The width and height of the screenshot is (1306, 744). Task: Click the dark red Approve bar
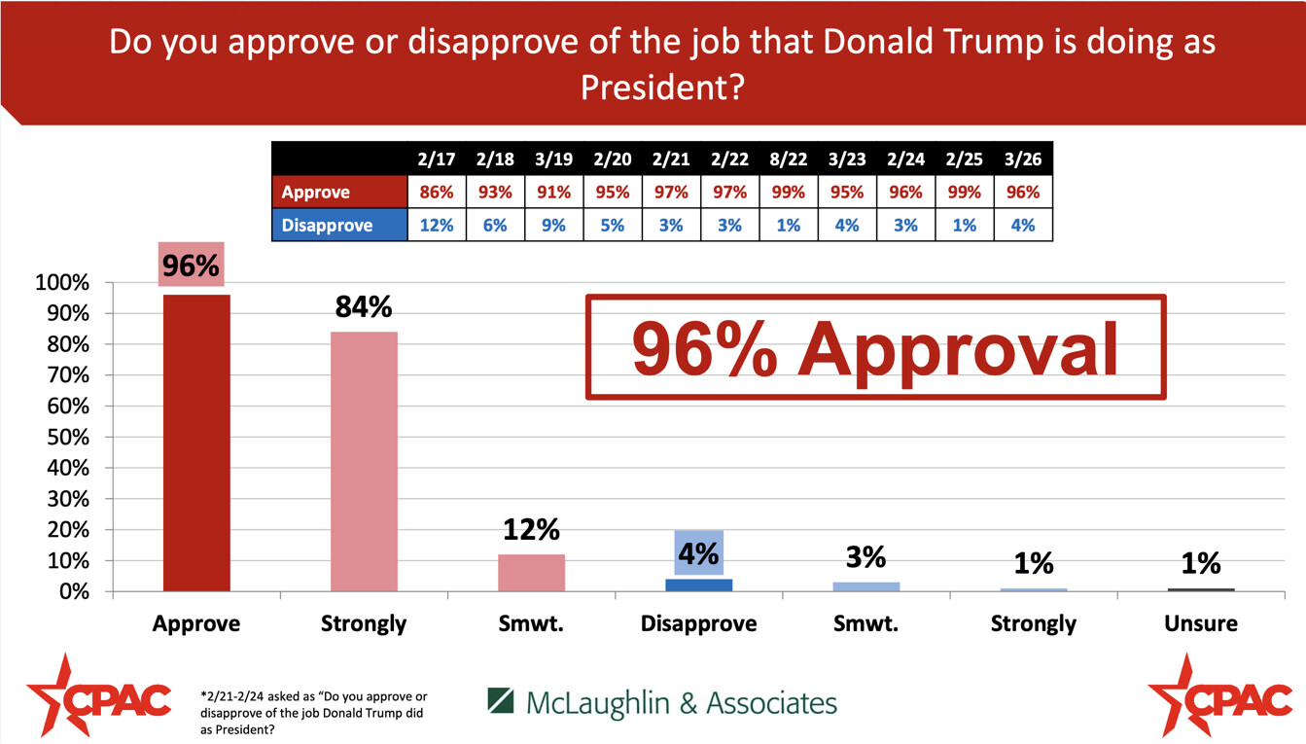[196, 443]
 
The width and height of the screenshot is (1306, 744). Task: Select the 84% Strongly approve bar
[364, 462]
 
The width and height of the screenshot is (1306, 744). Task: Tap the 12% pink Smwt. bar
[531, 573]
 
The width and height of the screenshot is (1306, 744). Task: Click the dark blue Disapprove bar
[698, 585]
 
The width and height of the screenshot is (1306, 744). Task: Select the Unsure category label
[1200, 623]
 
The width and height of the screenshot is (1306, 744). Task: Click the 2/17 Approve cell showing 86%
[437, 192]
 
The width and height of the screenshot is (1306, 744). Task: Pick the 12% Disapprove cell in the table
[437, 225]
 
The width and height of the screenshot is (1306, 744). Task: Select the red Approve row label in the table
[338, 192]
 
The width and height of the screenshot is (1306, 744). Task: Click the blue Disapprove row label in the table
[338, 225]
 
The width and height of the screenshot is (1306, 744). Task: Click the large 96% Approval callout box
[875, 347]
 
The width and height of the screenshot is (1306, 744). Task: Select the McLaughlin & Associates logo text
[661, 702]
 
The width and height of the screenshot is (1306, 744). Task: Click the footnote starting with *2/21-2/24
[313, 713]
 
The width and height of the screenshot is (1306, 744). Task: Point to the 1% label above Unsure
[1200, 562]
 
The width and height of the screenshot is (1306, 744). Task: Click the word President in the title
[662, 89]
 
